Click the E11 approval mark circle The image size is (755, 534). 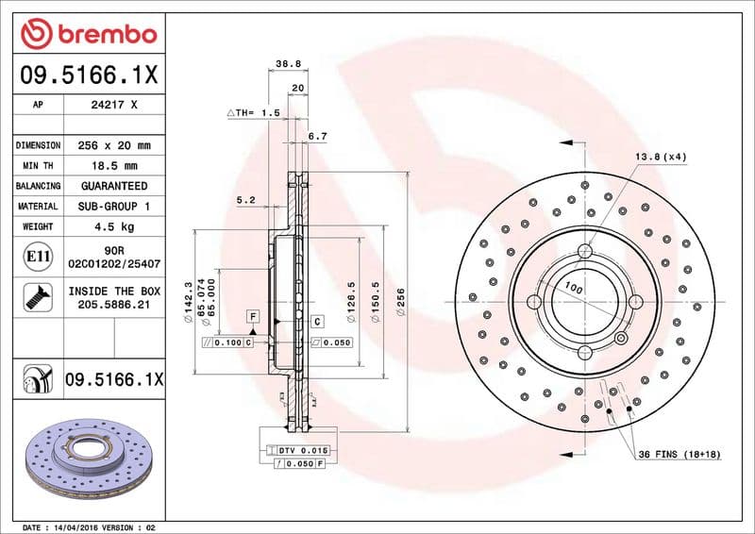click(x=38, y=256)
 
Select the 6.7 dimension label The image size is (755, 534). click(x=318, y=137)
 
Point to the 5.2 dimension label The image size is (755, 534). click(x=246, y=199)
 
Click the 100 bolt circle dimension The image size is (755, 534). click(x=572, y=284)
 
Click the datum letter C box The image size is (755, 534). click(x=318, y=322)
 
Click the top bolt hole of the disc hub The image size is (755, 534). click(x=585, y=251)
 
